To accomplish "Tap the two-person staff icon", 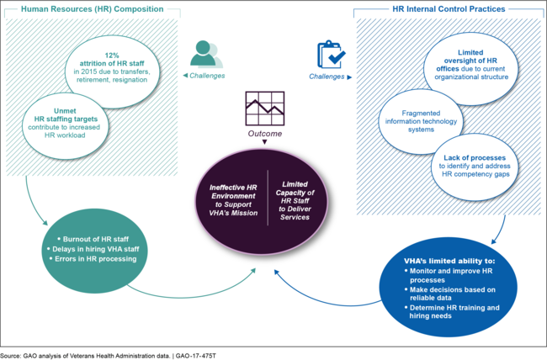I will point(207,54).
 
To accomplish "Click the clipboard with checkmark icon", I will point(330,55).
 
